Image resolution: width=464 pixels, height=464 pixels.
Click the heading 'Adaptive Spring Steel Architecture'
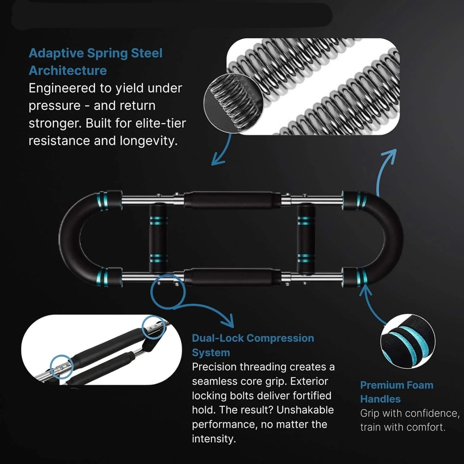96,62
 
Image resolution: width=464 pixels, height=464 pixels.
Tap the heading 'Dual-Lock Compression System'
253,345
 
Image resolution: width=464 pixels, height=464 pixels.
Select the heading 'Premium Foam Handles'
397,392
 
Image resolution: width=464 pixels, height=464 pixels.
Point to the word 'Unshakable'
305,410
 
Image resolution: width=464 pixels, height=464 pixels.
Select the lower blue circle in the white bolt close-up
61,367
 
